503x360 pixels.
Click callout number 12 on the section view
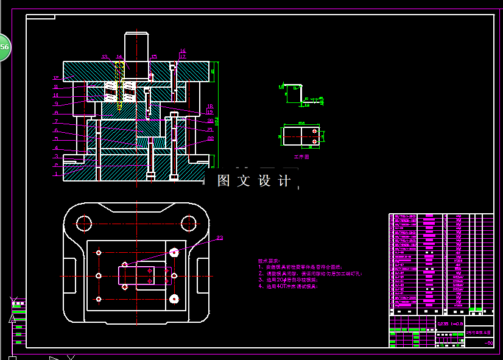pyautogui.click(x=55, y=78)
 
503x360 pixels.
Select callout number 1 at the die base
pyautogui.click(x=55, y=174)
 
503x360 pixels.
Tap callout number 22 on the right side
pyautogui.click(x=211, y=138)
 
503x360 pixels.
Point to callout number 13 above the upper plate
pyautogui.click(x=104, y=56)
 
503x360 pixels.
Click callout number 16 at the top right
pyautogui.click(x=183, y=51)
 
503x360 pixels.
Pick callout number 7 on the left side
pyautogui.click(x=55, y=121)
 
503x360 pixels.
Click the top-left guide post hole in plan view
pyautogui.click(x=85, y=223)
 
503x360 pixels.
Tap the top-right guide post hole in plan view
pyautogui.click(x=189, y=223)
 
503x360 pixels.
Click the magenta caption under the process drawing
pyautogui.click(x=302, y=156)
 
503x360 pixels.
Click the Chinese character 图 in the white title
pyautogui.click(x=223, y=181)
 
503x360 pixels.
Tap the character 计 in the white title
pyautogui.click(x=284, y=181)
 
